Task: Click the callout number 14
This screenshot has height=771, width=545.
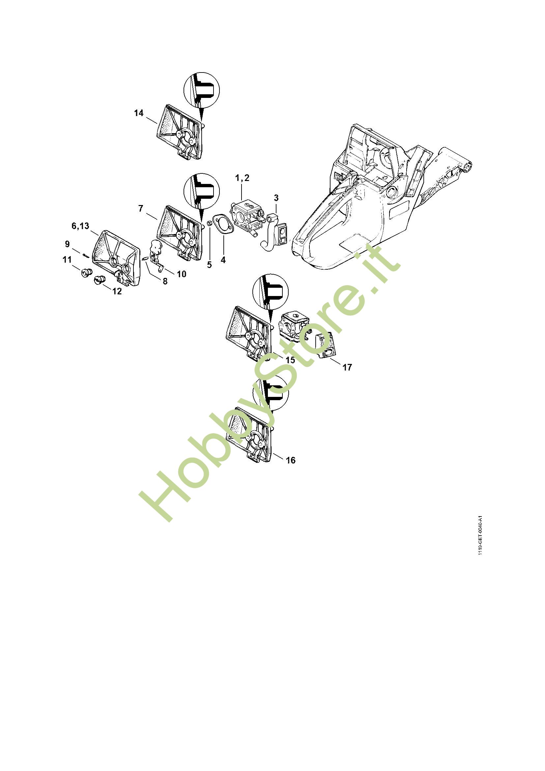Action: pos(139,113)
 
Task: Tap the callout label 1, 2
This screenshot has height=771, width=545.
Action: pos(242,178)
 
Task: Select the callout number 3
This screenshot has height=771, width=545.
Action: pos(276,198)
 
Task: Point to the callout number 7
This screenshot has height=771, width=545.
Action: pos(141,209)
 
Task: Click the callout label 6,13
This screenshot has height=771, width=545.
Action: pos(80,226)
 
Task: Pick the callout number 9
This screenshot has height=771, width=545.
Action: pos(68,244)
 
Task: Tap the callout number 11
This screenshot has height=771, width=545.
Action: pos(67,259)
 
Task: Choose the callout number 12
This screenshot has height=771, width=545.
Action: pos(117,291)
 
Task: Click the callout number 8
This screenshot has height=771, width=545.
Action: pos(165,281)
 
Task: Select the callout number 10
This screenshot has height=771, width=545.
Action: pos(181,274)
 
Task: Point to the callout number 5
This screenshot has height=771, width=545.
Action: pos(210,265)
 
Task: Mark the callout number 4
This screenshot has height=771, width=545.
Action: pos(223,259)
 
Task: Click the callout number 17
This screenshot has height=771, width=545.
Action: pos(347,367)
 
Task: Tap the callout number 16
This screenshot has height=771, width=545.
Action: pos(291,460)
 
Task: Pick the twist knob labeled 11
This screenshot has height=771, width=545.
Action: pos(85,272)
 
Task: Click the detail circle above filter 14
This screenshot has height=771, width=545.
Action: pos(201,90)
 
